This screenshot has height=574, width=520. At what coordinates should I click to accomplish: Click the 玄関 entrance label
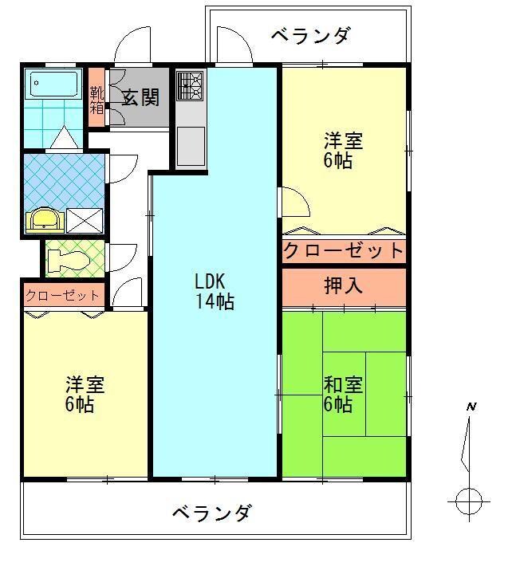point(140,96)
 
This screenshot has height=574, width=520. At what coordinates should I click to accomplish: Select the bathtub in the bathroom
point(53,83)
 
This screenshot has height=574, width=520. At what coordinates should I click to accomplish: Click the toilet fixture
point(63,258)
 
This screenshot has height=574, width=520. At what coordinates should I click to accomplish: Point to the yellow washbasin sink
point(44,218)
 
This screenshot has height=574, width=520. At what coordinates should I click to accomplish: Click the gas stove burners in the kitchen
point(191,85)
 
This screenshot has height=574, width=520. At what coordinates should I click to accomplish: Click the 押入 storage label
point(343,285)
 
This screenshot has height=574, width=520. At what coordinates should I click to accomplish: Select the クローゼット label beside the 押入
point(344,251)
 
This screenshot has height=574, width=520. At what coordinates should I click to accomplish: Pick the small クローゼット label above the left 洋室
point(63,296)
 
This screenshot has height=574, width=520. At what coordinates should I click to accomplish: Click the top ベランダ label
point(309,36)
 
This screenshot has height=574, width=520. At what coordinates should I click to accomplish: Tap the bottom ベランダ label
point(211,513)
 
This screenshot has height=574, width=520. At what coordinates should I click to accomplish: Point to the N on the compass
point(471,407)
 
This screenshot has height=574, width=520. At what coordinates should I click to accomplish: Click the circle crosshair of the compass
point(468,502)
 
